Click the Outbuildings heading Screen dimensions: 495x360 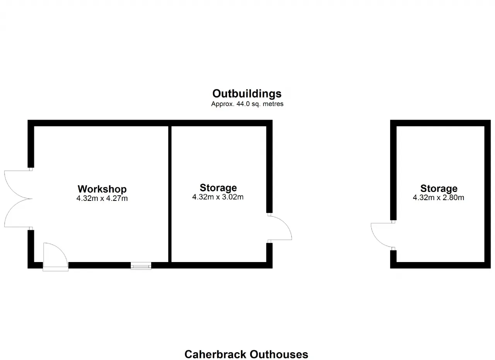(247, 94)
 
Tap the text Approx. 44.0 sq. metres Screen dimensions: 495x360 (247, 104)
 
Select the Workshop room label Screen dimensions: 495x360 (102, 189)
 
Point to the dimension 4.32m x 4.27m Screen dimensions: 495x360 (102, 198)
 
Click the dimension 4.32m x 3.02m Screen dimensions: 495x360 (218, 197)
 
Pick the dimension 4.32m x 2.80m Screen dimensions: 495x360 (439, 197)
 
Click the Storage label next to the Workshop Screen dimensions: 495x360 (218, 188)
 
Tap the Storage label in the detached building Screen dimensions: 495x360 (439, 189)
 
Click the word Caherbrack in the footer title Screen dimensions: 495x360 (215, 354)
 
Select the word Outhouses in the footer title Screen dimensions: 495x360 (279, 354)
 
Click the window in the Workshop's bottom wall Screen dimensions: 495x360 (141, 266)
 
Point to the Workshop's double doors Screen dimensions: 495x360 (18, 199)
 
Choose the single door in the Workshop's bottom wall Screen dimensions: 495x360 (55, 257)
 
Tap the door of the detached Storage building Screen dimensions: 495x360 (383, 235)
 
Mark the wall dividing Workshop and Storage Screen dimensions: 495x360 (170, 194)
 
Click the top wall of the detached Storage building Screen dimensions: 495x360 (440, 123)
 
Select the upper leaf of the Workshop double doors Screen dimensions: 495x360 (18, 185)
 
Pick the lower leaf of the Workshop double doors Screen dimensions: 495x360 (18, 213)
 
